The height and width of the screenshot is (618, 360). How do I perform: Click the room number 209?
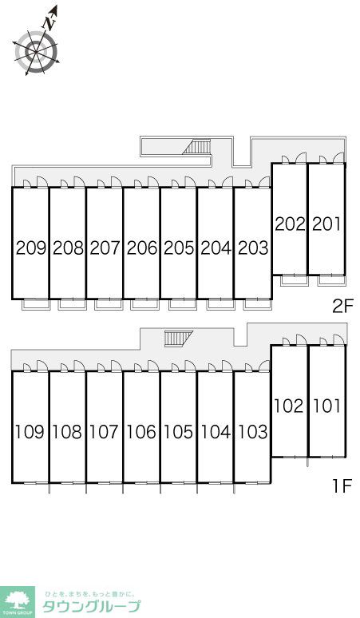pos(31,248)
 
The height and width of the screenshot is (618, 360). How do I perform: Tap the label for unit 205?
pos(180,248)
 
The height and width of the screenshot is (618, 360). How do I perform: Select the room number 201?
pos(327,224)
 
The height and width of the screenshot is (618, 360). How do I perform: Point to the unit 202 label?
pos(290,224)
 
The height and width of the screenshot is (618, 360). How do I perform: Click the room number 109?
pos(30,432)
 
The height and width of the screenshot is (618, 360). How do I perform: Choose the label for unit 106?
pos(141,432)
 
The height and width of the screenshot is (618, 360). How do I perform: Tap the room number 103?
pos(253,432)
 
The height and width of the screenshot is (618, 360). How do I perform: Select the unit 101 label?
pos(326,406)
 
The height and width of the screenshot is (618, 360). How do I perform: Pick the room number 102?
pos(289,406)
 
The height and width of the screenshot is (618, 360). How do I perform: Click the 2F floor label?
pos(343,306)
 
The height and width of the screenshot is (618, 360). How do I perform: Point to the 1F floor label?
pos(342,486)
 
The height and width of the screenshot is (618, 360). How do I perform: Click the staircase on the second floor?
pos(197,147)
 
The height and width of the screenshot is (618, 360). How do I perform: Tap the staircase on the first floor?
pos(179,339)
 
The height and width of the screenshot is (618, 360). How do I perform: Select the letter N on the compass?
pos(49,24)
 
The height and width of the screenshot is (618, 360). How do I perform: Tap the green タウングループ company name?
pos(91,606)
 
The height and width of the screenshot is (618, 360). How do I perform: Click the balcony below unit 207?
pos(109,305)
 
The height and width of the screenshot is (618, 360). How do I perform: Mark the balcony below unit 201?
pos(331,280)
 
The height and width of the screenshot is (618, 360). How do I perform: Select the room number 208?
pos(68,248)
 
